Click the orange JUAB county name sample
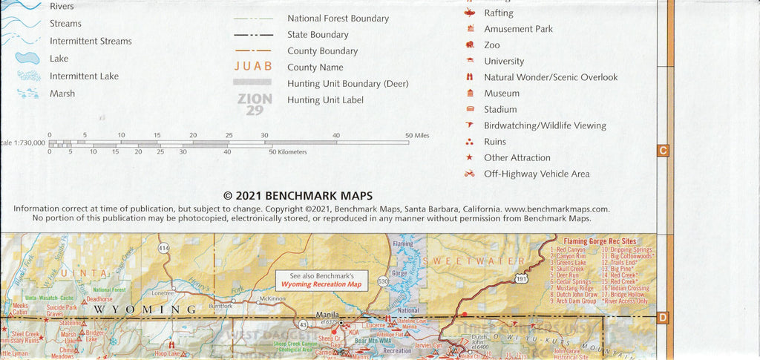click(x=253, y=67)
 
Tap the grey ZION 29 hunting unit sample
click(x=255, y=104)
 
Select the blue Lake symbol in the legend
click(x=27, y=58)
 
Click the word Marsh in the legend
click(x=62, y=94)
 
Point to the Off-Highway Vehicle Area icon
click(x=469, y=174)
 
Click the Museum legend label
click(x=502, y=94)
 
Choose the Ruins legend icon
click(x=469, y=142)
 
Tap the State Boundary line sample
click(x=253, y=35)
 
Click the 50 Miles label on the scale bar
click(x=417, y=135)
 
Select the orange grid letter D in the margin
click(x=663, y=318)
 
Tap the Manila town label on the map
click(x=327, y=315)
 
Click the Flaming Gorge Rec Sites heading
click(x=600, y=241)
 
